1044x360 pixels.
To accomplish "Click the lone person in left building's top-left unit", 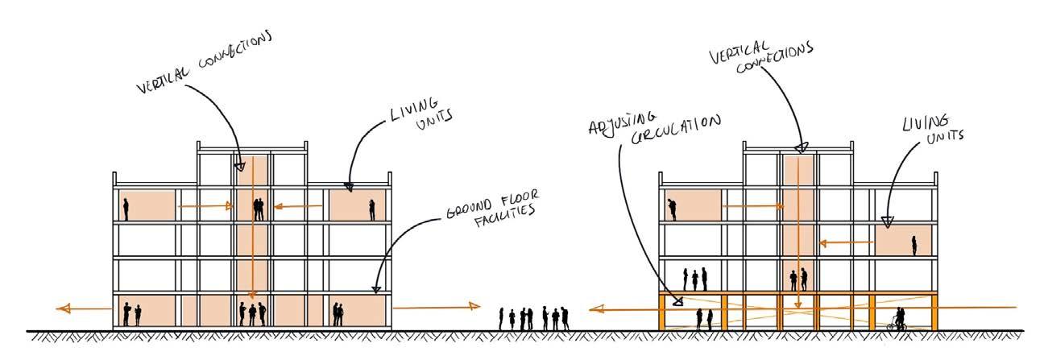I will pyautogui.click(x=126, y=209).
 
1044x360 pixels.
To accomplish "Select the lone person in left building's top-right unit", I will pyautogui.click(x=371, y=210).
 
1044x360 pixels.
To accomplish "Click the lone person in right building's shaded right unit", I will pyautogui.click(x=914, y=245).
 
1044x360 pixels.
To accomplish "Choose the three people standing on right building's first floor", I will pyautogui.click(x=695, y=279).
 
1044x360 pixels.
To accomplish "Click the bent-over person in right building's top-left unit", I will pyautogui.click(x=672, y=210).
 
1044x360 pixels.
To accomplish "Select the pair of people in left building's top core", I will pyautogui.click(x=259, y=209).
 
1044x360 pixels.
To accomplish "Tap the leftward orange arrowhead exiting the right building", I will pyautogui.click(x=594, y=308).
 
